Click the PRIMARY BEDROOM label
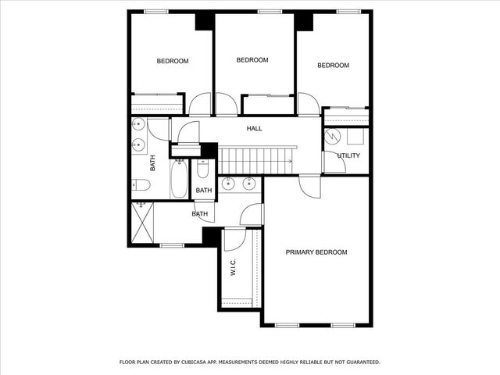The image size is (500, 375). (x=316, y=252)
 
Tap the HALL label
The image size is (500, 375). (x=254, y=129)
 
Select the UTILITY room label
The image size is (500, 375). (x=348, y=155)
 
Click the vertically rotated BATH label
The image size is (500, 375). (x=153, y=163)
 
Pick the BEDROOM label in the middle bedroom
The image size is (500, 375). (x=252, y=60)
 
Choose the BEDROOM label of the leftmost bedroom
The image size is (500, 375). (x=173, y=61)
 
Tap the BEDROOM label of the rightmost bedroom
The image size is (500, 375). (x=333, y=66)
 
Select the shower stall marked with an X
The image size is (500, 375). (x=142, y=223)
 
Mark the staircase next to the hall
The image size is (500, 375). (x=255, y=159)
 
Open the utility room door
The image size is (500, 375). (x=330, y=162)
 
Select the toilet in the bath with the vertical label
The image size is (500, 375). (x=141, y=185)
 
